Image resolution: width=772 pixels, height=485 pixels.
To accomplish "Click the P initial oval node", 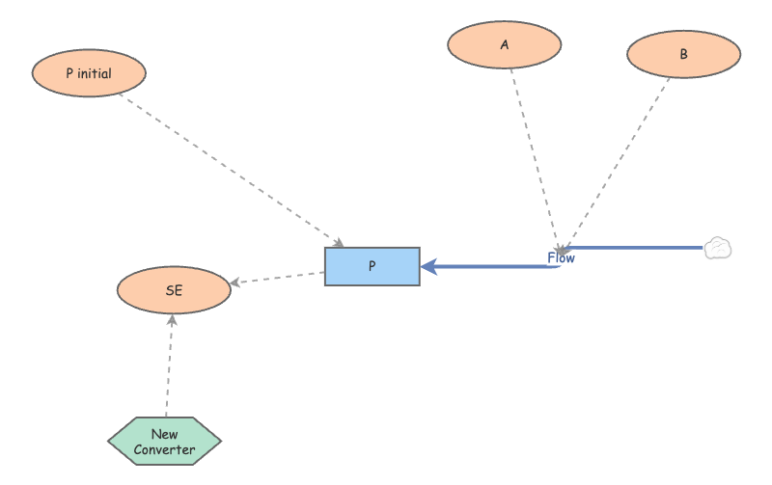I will click(x=89, y=73).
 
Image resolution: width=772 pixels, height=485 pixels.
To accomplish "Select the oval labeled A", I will click(x=505, y=44).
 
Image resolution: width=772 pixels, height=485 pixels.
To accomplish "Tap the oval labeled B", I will click(x=683, y=54).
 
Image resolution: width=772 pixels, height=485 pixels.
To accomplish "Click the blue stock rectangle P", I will click(x=372, y=266).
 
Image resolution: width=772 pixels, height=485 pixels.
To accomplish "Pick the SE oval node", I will click(x=174, y=290).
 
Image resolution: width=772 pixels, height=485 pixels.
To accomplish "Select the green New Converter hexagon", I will click(x=164, y=442).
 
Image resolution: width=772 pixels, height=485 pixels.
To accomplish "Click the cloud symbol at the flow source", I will click(x=717, y=249).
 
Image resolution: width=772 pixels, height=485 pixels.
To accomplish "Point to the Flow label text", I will click(x=561, y=258).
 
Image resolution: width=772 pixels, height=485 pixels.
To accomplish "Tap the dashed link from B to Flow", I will click(x=618, y=159).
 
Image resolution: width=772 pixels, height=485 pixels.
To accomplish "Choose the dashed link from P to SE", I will click(x=280, y=278).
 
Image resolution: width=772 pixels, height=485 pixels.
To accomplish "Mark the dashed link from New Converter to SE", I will click(x=169, y=366).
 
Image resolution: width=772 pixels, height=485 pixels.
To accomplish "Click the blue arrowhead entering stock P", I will click(x=428, y=265).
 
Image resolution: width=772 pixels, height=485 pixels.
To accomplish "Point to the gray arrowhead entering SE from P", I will click(x=235, y=283).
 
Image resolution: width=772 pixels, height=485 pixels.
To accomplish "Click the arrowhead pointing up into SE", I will click(x=172, y=320).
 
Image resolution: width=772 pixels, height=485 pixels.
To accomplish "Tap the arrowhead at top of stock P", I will click(x=339, y=242).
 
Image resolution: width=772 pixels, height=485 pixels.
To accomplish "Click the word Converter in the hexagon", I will click(x=164, y=449).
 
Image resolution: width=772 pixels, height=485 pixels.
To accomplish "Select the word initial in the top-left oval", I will click(x=97, y=73).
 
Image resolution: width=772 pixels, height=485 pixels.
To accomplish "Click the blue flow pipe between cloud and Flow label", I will click(x=637, y=249).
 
